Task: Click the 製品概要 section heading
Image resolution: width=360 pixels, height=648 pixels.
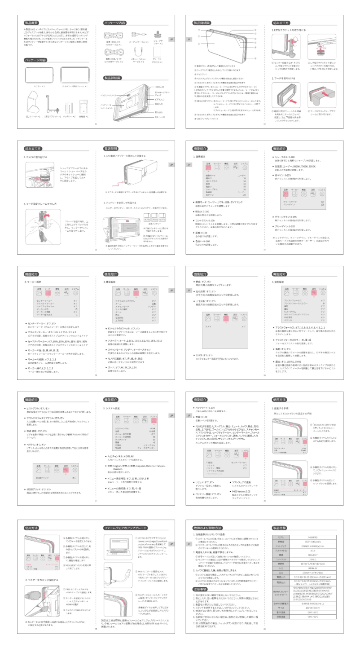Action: point(34,22)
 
